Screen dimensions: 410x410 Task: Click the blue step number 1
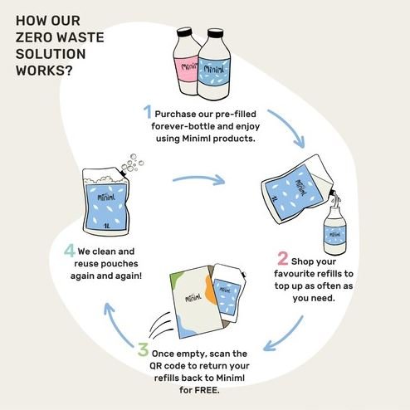pos(146,112)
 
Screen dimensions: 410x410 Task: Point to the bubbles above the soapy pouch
pos(133,162)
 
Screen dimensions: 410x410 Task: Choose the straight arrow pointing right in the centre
pos(199,178)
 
